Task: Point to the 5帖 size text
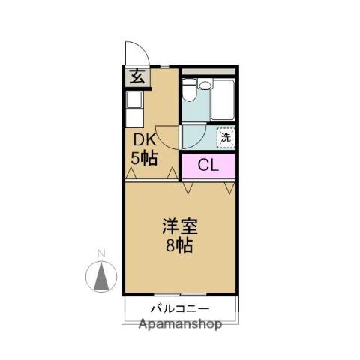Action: point(144,158)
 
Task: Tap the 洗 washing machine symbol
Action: point(225,137)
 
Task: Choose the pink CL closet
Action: point(208,166)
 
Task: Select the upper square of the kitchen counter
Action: point(133,100)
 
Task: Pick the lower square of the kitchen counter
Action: point(133,118)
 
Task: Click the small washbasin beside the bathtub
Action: point(206,84)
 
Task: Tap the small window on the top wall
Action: point(164,67)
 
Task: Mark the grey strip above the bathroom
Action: point(209,72)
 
